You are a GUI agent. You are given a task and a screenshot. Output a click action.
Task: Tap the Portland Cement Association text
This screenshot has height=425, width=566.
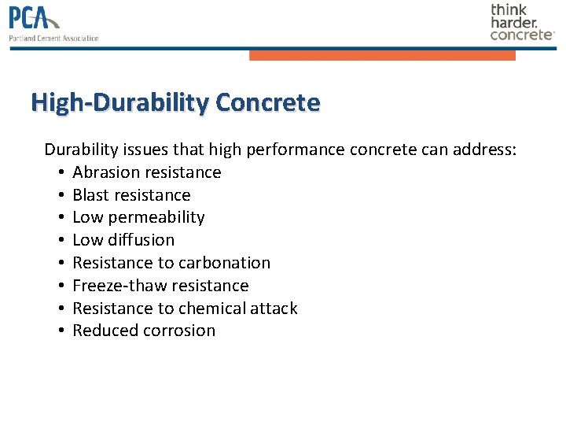tap(54, 38)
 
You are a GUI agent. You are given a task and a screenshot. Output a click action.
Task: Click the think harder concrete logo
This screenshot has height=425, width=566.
tap(522, 22)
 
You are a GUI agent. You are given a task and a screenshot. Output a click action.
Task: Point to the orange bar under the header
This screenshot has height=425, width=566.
tap(382, 56)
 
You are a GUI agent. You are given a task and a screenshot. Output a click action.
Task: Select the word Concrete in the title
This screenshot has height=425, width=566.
tap(267, 103)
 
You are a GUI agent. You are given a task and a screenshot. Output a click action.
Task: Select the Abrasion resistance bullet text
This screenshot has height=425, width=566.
tap(147, 172)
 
